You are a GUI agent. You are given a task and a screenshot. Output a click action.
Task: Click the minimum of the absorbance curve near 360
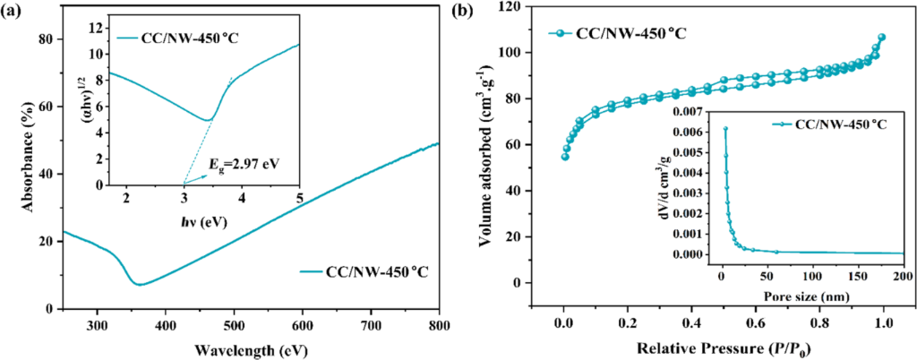(140, 285)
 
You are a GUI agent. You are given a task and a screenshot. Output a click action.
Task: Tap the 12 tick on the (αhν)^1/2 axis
(96, 28)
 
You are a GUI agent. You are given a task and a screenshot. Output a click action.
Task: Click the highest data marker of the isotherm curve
(882, 38)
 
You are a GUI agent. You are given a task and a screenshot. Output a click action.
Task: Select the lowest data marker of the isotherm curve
(565, 157)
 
